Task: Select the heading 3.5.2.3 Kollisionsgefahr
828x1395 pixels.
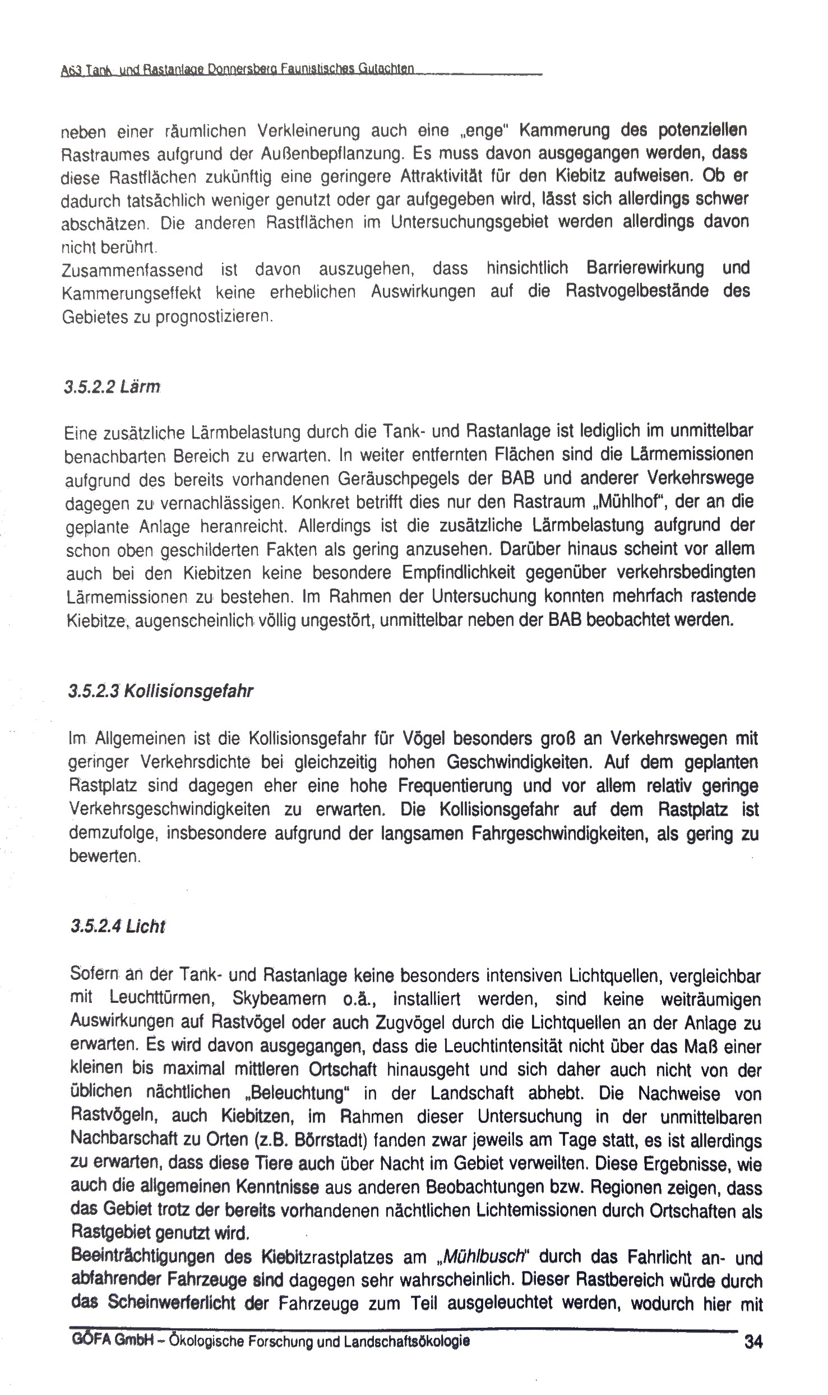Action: pos(160,690)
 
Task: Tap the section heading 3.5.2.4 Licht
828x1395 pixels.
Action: pos(118,927)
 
